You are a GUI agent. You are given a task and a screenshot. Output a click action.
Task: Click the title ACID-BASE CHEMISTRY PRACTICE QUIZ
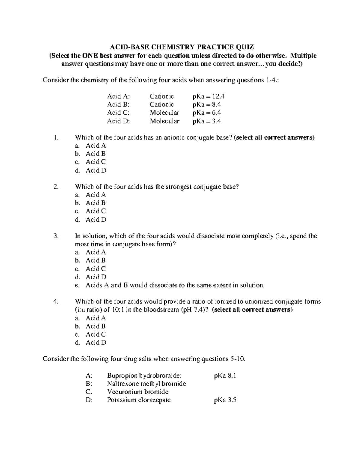(182, 47)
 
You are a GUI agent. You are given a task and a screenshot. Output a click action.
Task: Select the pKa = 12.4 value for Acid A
(208, 96)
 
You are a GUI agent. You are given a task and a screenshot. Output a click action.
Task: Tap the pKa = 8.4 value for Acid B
(207, 105)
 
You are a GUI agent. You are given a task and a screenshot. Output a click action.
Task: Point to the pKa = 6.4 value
(207, 113)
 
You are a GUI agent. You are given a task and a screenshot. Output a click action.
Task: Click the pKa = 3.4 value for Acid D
(207, 121)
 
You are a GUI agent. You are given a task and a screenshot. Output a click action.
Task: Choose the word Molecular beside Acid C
(164, 113)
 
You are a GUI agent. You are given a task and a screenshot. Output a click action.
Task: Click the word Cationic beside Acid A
(162, 96)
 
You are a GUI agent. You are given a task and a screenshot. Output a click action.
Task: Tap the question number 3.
(56, 236)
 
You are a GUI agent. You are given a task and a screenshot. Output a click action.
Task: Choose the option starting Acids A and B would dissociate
(175, 285)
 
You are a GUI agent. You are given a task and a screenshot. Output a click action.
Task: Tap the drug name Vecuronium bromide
(138, 392)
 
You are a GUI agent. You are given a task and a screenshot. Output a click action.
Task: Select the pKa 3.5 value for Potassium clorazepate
(225, 400)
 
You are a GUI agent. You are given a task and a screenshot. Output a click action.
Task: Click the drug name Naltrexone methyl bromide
(147, 384)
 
